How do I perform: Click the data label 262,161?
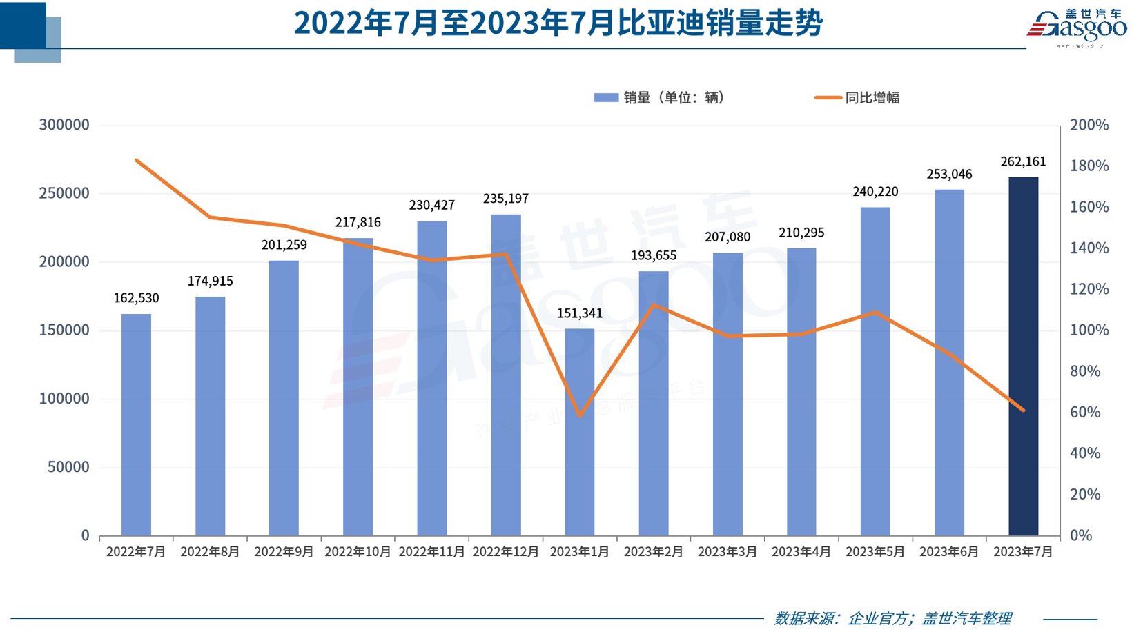[x=1023, y=161]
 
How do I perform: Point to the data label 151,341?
[x=580, y=313]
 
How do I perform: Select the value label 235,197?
[x=506, y=199]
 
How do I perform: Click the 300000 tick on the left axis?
[x=64, y=125]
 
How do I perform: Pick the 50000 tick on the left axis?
[x=68, y=467]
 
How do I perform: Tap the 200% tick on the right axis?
[x=1089, y=125]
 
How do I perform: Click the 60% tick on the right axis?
[x=1085, y=412]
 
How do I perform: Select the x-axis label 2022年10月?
[x=358, y=552]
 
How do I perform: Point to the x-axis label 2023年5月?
[x=875, y=552]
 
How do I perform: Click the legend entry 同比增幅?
[x=872, y=98]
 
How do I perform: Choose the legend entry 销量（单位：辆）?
[x=673, y=98]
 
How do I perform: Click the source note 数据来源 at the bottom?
[x=892, y=618]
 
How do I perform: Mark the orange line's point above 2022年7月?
[x=136, y=160]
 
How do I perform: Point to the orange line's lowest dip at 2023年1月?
[x=580, y=415]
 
